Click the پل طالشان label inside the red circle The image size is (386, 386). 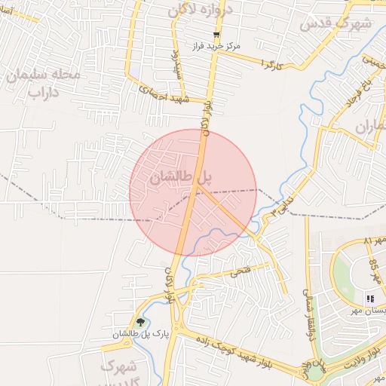(x=181, y=179)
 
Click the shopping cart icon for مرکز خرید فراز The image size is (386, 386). (x=216, y=35)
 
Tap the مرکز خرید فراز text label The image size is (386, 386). (x=216, y=47)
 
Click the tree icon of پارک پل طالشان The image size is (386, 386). (x=140, y=323)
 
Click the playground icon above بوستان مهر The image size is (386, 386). (x=370, y=299)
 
